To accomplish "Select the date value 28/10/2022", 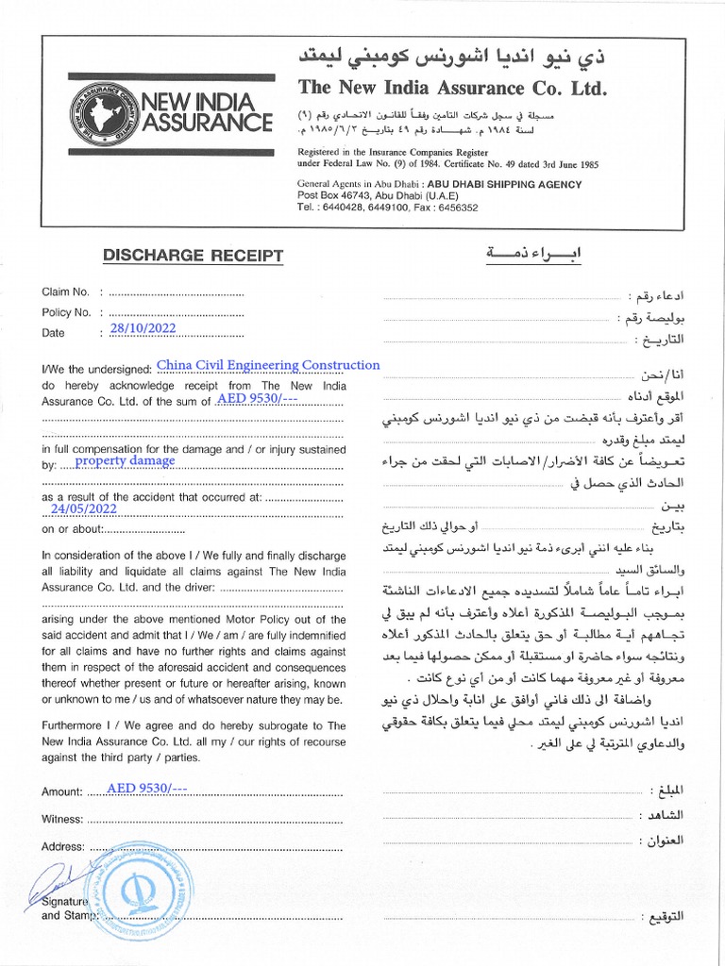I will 143,328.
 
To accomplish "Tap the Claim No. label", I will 65,291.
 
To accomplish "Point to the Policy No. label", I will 66,312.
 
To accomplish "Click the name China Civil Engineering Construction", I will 268,365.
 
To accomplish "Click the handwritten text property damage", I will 125,461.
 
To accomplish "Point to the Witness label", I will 62,819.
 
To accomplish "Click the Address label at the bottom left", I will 63,846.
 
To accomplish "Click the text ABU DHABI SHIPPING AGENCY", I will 504,185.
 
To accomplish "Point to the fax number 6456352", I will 455,208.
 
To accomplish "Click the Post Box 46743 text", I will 329,196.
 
